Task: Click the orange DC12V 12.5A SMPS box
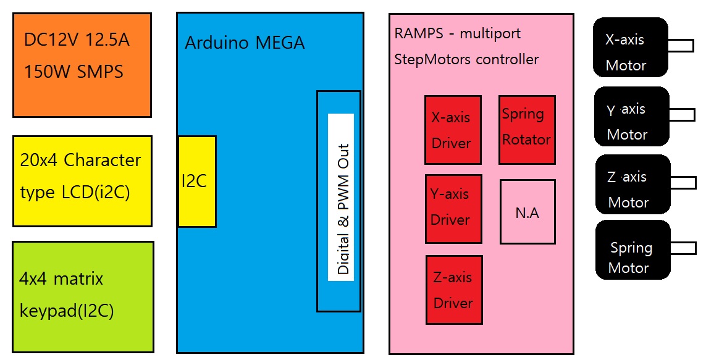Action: pos(82,65)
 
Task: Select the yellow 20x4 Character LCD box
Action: pos(82,181)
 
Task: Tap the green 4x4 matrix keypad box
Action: pos(83,297)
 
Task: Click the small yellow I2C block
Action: pos(197,182)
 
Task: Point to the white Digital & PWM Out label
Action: pos(341,197)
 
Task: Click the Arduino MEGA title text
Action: pos(245,43)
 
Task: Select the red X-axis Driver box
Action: pos(453,130)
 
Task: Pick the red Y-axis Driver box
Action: pos(453,209)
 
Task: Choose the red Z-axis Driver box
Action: pos(454,290)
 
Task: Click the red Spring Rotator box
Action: pos(527,130)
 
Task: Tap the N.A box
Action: pos(527,212)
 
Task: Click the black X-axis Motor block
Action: pos(631,48)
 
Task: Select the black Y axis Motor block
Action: pos(632,117)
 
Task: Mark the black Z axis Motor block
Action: pos(633,184)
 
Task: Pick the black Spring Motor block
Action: pos(633,249)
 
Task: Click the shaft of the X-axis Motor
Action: pos(681,46)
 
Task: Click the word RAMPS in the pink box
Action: pos(419,33)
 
